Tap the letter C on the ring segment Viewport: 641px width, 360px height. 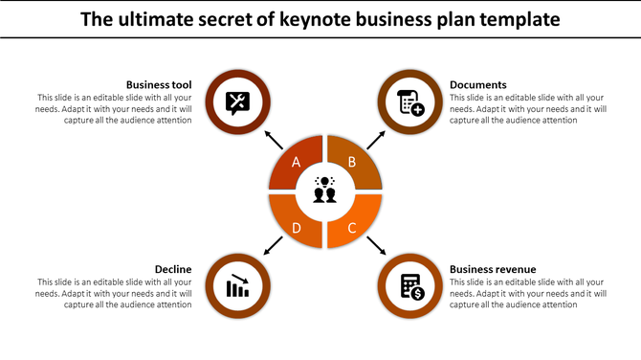pos(352,227)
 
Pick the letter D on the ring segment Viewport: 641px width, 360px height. pos(297,227)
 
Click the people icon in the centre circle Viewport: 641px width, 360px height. pos(325,191)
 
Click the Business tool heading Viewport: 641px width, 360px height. pos(159,84)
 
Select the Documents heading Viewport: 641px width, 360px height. pos(477,84)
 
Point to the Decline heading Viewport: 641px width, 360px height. pos(173,269)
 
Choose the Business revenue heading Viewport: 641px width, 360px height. pos(493,269)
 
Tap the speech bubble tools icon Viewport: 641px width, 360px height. pos(238,101)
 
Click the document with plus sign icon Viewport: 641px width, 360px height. pos(411,101)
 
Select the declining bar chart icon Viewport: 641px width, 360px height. pos(238,286)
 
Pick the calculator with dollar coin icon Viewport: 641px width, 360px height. pos(411,286)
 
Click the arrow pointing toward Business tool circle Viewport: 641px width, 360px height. pos(274,140)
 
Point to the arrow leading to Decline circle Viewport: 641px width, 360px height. pos(273,246)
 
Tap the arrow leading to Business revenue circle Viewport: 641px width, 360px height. pos(376,246)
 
